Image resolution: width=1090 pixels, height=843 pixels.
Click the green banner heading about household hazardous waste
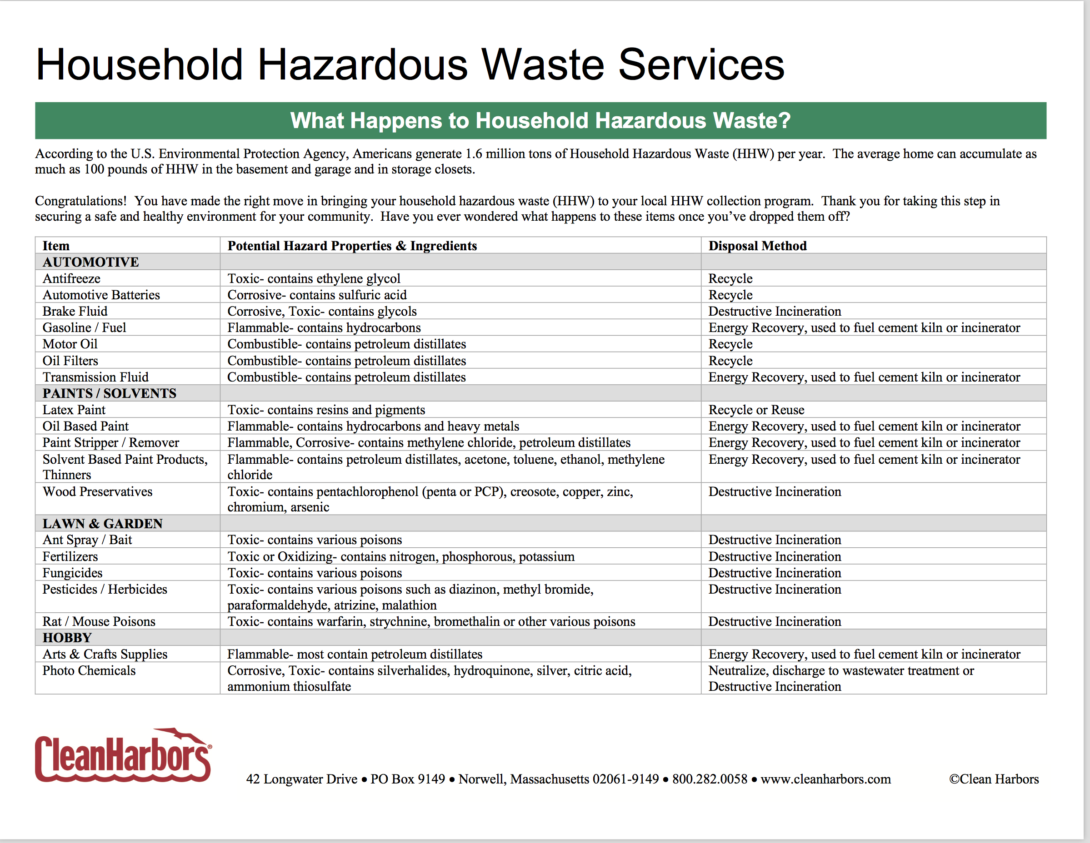[540, 121]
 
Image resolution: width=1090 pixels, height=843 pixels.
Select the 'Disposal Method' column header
[757, 246]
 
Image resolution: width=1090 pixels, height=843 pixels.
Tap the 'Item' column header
[56, 246]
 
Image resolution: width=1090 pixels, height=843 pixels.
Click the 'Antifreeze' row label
[71, 278]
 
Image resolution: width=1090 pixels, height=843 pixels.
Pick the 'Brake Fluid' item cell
[75, 311]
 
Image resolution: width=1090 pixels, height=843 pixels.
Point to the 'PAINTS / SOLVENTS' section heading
[109, 393]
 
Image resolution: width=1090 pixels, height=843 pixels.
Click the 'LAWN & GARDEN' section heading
[102, 523]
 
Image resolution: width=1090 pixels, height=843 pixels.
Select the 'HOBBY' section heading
[67, 638]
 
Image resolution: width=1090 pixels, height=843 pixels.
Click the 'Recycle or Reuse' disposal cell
[756, 410]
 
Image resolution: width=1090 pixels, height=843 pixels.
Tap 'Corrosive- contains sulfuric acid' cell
[317, 295]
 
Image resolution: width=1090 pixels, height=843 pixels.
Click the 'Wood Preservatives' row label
[97, 492]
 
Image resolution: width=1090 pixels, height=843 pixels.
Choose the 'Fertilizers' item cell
[70, 557]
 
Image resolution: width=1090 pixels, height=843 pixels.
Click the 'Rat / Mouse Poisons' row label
[99, 621]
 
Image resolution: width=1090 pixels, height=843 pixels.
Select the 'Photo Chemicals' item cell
[89, 670]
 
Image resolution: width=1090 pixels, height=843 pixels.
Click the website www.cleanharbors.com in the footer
[825, 779]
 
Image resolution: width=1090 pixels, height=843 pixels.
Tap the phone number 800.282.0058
[709, 779]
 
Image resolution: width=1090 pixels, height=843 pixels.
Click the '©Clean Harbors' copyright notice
[994, 779]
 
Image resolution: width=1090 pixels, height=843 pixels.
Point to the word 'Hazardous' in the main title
[362, 65]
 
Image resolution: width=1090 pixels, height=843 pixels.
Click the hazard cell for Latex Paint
[326, 410]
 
